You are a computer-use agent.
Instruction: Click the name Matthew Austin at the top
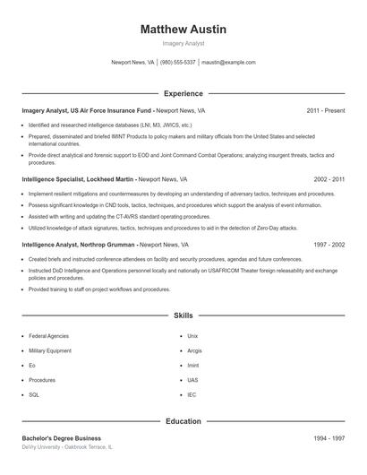click(183, 30)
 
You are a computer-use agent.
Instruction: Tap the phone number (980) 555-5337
click(178, 63)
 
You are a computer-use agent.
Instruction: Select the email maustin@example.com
click(228, 63)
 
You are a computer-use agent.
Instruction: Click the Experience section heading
click(183, 93)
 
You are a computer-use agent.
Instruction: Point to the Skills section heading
click(183, 315)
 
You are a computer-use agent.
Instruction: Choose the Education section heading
click(183, 421)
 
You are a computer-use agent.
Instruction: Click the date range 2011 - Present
click(325, 111)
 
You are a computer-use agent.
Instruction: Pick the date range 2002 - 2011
click(329, 179)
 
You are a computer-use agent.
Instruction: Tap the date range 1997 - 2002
click(329, 245)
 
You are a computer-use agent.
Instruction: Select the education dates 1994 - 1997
click(329, 438)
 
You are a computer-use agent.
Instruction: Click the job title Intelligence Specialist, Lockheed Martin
click(79, 179)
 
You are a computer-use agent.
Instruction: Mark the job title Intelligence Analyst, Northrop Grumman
click(79, 245)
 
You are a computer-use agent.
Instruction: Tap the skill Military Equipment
click(49, 351)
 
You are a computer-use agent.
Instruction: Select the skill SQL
click(34, 394)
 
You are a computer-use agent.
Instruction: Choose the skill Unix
click(192, 336)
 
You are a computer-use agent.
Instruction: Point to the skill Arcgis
click(194, 351)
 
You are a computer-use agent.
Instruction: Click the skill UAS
click(192, 380)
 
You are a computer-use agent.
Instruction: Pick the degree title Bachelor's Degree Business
click(61, 438)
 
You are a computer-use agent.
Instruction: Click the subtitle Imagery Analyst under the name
click(183, 43)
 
